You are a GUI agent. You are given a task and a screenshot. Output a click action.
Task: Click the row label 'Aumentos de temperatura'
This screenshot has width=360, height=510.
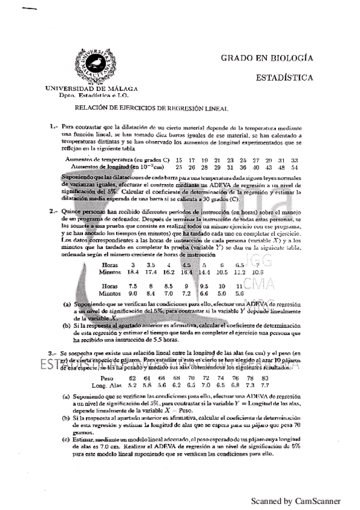99,160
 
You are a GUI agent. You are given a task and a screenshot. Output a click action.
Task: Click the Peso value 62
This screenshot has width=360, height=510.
133,378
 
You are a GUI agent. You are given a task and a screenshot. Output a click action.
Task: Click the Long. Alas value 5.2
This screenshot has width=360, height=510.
133,384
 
